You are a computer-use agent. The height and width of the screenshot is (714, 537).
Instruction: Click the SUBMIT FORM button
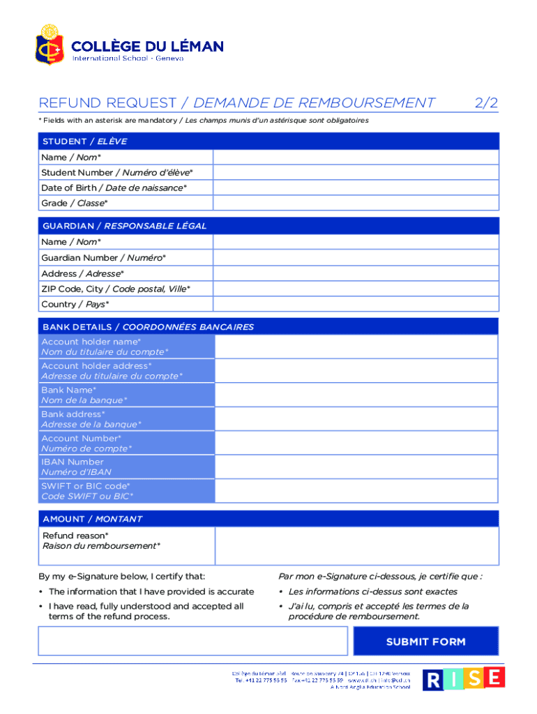pos(425,641)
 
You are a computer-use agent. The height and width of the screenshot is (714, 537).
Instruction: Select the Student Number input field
pos(356,172)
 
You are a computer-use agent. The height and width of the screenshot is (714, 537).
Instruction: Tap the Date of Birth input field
pos(356,188)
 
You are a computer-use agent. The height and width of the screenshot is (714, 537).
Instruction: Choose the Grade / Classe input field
pos(356,203)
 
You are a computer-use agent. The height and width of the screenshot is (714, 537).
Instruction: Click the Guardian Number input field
pos(356,258)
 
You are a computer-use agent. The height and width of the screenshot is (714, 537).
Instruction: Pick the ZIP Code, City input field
pos(356,289)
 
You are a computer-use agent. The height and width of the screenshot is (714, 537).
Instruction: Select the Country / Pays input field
pos(356,304)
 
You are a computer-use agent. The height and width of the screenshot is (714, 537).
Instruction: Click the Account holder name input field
pos(356,347)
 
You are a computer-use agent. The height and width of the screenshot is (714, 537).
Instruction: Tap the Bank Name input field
pos(356,395)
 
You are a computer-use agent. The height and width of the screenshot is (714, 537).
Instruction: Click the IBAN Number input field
pos(356,466)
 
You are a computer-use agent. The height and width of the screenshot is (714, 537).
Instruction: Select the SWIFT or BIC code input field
pos(356,491)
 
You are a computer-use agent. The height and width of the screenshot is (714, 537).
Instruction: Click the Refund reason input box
pos(356,545)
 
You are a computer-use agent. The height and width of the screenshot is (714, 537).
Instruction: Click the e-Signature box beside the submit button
pos(192,641)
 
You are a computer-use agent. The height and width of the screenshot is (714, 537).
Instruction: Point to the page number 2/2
pos(486,103)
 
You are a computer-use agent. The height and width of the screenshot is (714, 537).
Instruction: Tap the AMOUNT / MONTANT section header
pos(92,519)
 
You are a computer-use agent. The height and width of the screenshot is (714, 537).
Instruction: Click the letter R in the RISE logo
pos(433,680)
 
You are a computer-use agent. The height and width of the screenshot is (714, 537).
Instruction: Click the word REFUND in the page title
pos(66,103)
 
